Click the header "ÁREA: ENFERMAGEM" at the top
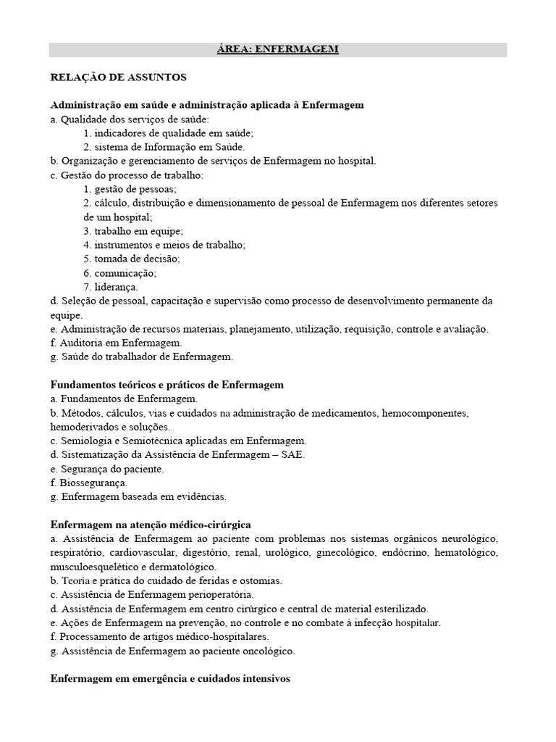click(278, 49)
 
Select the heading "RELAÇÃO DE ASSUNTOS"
click(118, 76)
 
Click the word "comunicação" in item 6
click(125, 273)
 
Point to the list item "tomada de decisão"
click(132, 259)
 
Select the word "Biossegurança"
click(94, 483)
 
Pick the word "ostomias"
click(262, 581)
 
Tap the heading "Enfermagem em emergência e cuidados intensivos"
click(170, 679)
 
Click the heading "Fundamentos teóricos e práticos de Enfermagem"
click(167, 384)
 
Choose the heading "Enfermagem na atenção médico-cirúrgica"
click(151, 525)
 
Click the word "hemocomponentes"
click(426, 413)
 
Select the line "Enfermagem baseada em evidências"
click(144, 497)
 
